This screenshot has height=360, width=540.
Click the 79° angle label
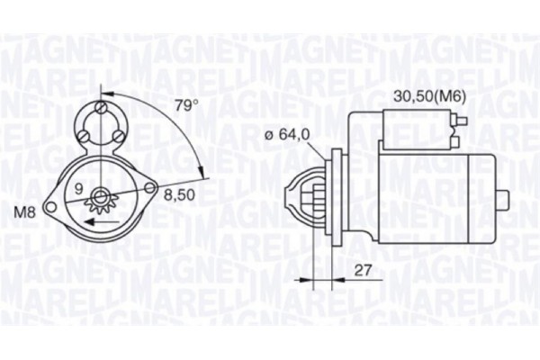(x=185, y=105)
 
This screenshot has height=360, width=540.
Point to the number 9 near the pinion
(x=78, y=189)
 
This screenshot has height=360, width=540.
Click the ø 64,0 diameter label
(x=288, y=135)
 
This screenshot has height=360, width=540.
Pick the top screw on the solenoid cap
(x=101, y=110)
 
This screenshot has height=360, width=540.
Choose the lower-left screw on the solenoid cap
(x=84, y=136)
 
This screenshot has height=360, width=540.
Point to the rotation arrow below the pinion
(x=102, y=236)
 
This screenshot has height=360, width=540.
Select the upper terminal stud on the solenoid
(x=461, y=118)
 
